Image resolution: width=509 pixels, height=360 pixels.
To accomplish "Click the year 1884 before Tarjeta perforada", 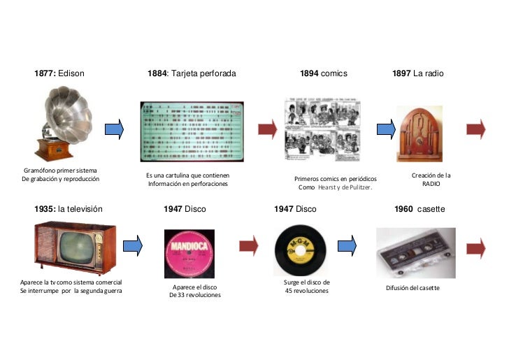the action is point(157,73).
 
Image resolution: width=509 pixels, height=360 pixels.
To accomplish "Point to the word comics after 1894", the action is point(334,73).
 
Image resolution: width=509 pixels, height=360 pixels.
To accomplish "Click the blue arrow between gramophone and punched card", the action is point(114,129).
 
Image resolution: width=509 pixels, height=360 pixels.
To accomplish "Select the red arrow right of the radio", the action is point(475,129).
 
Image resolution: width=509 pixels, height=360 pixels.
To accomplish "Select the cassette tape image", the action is point(415,252).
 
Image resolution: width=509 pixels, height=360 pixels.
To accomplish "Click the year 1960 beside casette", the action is point(403,209).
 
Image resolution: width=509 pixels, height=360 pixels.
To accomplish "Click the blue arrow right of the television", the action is point(133,244).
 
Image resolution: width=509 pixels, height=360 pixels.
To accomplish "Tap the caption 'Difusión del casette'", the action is point(413,288).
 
